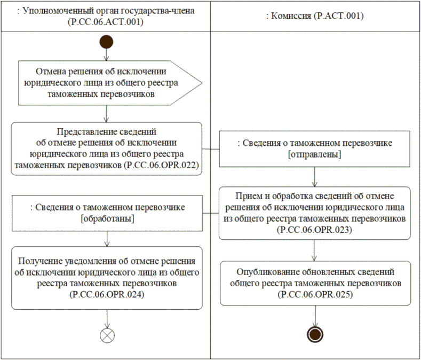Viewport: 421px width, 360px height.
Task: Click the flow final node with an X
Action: tap(107, 334)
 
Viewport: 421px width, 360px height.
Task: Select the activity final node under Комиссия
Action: tap(315, 334)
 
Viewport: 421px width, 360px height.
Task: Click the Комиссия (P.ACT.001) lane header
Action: tap(315, 17)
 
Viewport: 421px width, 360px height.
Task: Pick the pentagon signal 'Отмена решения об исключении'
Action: tap(109, 83)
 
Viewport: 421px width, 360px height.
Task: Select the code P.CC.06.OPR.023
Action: tap(315, 229)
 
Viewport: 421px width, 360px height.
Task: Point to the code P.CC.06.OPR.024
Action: tap(107, 294)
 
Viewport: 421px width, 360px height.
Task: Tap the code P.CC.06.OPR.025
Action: tap(315, 293)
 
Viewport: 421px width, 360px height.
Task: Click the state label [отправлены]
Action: tap(315, 154)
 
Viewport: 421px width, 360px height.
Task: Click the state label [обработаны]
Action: tap(107, 219)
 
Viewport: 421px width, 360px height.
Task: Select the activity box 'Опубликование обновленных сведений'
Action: tap(315, 283)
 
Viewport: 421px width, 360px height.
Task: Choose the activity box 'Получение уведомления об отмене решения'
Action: tap(107, 278)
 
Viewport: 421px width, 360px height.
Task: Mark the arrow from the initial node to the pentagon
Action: tap(107, 54)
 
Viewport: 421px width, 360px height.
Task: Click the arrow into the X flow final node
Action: tap(107, 318)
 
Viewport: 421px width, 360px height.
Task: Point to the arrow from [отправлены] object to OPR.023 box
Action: tap(315, 176)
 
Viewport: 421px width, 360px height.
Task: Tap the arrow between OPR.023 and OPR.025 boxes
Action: tap(315, 250)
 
